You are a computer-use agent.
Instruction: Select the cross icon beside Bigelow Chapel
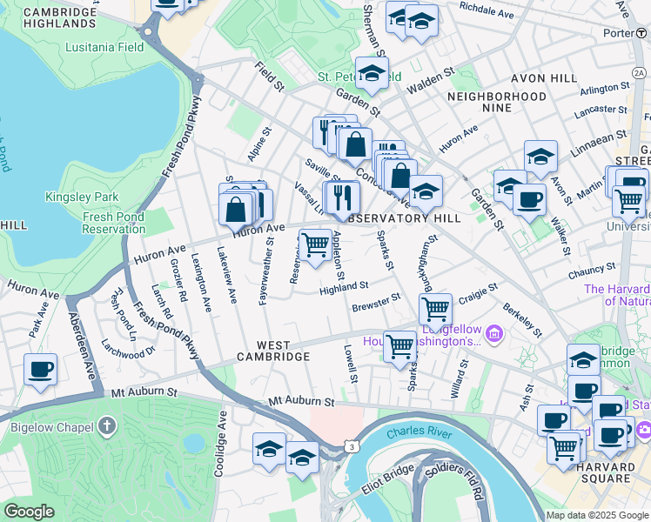[106, 426]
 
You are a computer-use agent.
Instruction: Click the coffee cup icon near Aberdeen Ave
[41, 368]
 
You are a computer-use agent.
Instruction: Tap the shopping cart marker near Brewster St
[435, 308]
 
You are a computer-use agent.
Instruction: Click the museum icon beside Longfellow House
[493, 332]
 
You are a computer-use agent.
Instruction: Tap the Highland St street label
[344, 287]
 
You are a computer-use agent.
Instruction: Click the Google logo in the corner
[30, 512]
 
